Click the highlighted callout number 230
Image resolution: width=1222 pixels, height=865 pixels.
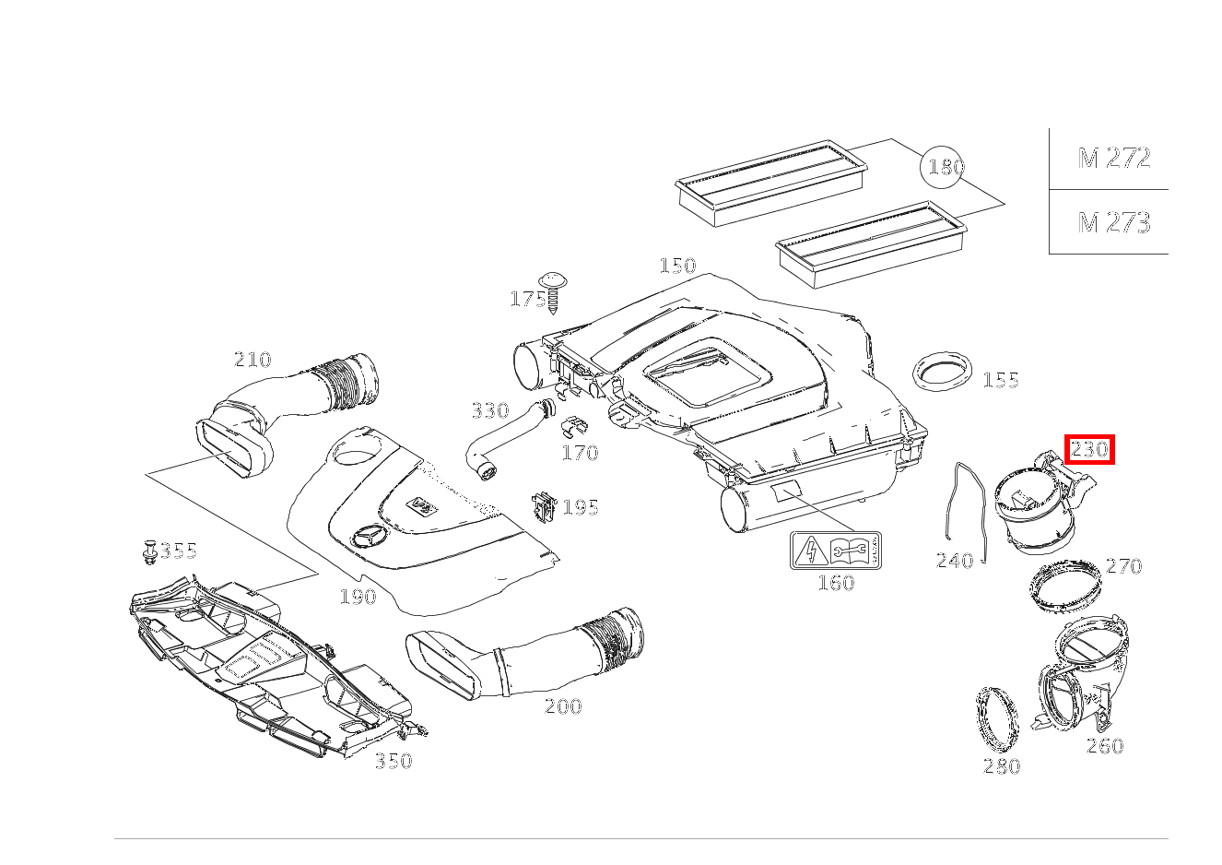pos(1089,450)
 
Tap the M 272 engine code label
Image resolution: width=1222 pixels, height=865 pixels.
pos(1114,159)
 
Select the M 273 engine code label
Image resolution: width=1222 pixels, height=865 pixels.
pos(1114,222)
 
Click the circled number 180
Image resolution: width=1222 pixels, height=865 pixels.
pos(946,167)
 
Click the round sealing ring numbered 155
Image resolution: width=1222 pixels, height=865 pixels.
pos(942,372)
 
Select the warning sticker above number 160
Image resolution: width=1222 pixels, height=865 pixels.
pos(836,551)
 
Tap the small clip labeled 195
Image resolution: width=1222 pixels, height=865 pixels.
pos(543,506)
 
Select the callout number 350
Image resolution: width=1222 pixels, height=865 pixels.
pos(393,761)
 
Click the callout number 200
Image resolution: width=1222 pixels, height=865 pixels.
pos(562,706)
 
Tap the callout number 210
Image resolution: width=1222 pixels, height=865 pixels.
pos(252,360)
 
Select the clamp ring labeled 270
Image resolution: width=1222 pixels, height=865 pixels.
pos(1065,585)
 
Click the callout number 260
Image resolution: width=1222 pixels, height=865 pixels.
pos(1104,746)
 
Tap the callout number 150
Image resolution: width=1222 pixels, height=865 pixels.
pos(676,266)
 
